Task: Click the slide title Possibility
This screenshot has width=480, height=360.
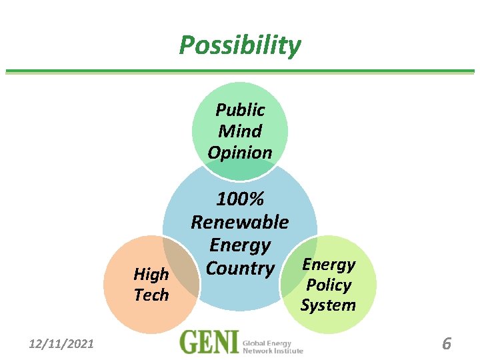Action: click(x=240, y=45)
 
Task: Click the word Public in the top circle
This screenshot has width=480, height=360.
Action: click(x=240, y=110)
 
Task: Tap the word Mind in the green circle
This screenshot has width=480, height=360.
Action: click(x=240, y=131)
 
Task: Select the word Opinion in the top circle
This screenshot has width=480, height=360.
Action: click(x=240, y=152)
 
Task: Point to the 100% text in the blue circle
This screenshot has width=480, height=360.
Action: click(x=240, y=199)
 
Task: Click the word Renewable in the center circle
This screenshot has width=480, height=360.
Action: click(x=240, y=221)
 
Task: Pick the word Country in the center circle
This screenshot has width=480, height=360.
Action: click(x=240, y=268)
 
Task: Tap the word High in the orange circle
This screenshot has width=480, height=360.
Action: click(x=151, y=274)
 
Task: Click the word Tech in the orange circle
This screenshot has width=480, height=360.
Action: click(x=151, y=295)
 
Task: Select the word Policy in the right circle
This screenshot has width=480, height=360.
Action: click(x=329, y=285)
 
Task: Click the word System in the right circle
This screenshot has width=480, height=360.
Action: click(x=328, y=305)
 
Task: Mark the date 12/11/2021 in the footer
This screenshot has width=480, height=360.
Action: click(x=61, y=344)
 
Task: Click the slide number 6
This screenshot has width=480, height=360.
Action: click(x=447, y=344)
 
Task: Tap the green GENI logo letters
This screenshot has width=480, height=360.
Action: click(x=209, y=343)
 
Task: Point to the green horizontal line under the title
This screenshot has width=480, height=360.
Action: click(x=240, y=71)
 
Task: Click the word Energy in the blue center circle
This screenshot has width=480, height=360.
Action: click(x=240, y=245)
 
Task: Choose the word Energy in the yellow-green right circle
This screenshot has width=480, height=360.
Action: click(x=329, y=264)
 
